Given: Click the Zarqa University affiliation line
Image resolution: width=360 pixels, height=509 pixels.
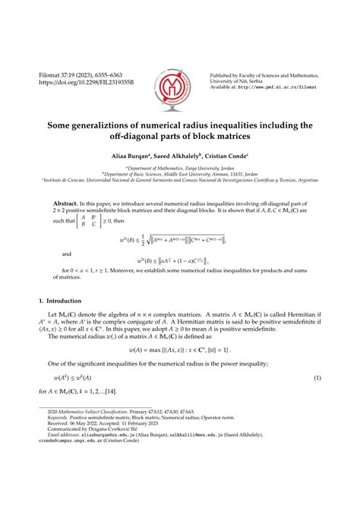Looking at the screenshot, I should pos(179,166).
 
